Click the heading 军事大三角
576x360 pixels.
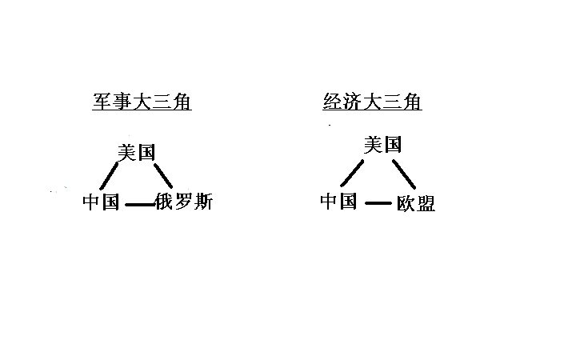click(142, 102)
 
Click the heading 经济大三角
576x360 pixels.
click(372, 102)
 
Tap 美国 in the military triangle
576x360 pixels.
click(137, 152)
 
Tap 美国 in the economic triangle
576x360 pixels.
click(382, 144)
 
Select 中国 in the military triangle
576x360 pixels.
click(101, 202)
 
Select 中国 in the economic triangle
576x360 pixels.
click(338, 202)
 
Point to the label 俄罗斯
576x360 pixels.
click(184, 202)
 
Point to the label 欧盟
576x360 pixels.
click(416, 203)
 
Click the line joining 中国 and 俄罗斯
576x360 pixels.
click(140, 205)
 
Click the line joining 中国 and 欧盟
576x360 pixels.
click(378, 202)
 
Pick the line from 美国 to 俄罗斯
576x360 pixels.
click(163, 175)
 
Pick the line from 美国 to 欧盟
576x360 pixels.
click(404, 174)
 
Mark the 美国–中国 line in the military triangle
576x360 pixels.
click(109, 176)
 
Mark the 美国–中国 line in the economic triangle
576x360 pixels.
click(352, 173)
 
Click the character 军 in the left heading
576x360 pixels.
click(102, 102)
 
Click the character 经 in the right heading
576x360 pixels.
click(333, 102)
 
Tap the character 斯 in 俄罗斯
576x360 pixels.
click(203, 202)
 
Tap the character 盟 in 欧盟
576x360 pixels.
click(426, 203)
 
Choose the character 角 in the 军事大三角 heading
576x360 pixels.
click(182, 102)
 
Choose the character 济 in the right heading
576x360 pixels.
click(352, 102)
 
